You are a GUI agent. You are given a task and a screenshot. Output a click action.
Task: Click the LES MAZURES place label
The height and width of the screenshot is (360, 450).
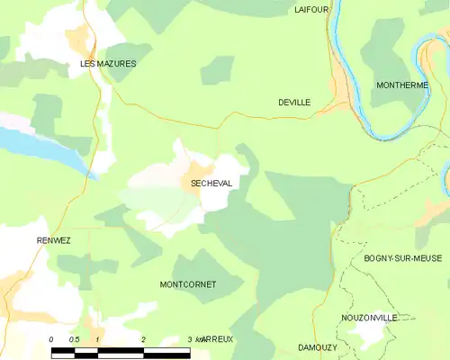(108, 64)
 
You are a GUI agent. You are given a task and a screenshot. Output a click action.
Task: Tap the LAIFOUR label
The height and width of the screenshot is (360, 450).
(312, 9)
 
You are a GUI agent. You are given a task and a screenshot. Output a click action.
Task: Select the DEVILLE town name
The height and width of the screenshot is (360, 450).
(294, 103)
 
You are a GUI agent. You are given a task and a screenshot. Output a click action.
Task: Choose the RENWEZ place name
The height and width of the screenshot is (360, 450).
(54, 240)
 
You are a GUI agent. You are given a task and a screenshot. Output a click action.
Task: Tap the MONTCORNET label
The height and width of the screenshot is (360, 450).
(187, 284)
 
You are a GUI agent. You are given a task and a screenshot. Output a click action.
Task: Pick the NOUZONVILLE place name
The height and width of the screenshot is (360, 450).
(369, 318)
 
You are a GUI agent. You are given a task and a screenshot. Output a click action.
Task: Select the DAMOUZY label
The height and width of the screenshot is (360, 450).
(316, 346)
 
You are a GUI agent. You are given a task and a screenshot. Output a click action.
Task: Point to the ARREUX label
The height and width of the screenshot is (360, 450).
(218, 339)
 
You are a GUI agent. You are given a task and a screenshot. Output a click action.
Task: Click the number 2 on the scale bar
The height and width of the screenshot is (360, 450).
(144, 339)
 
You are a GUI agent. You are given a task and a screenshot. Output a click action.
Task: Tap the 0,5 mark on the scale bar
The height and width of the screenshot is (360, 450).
(74, 339)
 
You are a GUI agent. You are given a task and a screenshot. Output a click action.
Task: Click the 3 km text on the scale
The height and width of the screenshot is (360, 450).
(194, 339)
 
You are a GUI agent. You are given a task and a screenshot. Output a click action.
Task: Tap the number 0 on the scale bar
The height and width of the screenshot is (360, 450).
(51, 339)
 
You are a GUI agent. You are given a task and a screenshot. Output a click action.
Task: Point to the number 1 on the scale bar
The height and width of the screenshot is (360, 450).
(97, 339)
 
